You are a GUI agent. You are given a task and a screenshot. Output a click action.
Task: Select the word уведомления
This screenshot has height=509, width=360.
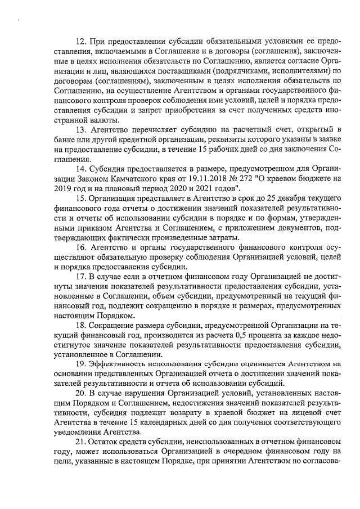click(x=83, y=431)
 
